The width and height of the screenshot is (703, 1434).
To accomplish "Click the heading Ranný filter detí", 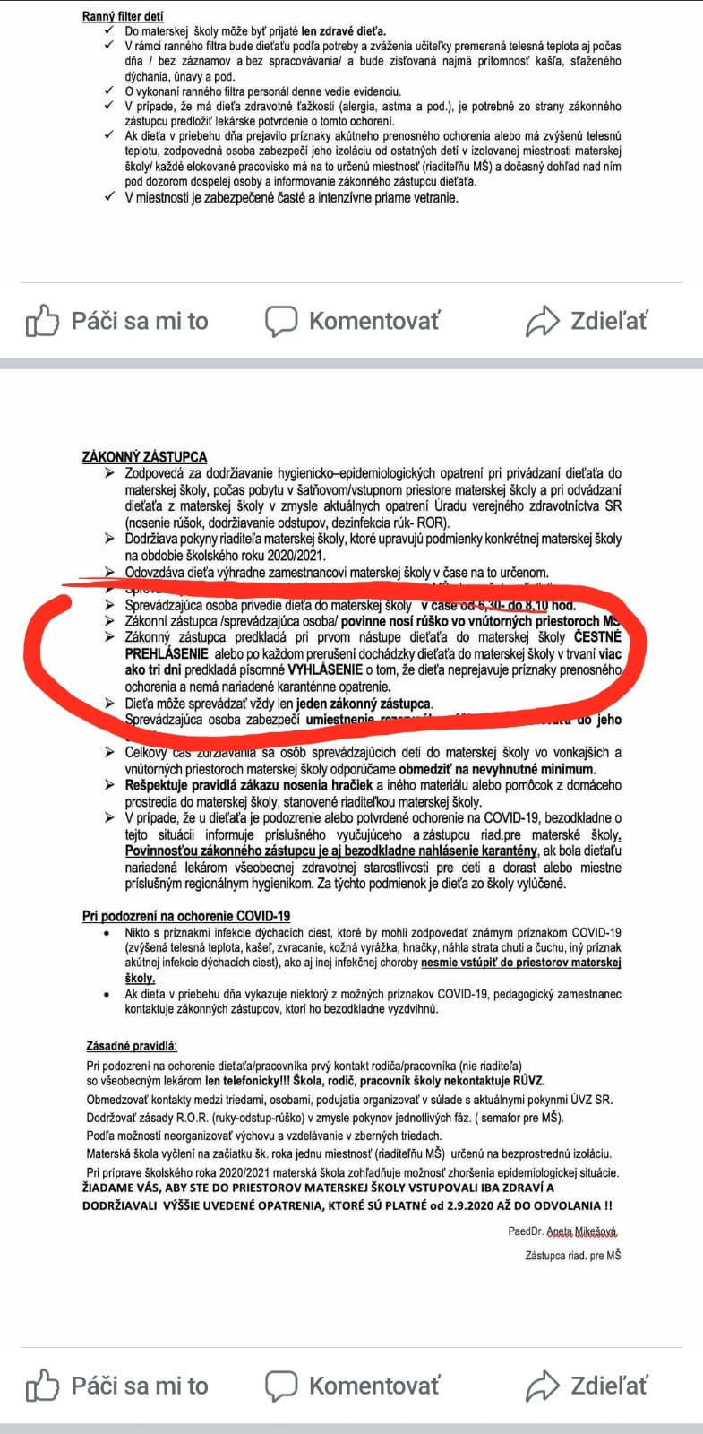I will pos(123,16).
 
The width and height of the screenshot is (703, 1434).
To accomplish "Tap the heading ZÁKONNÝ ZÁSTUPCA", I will pos(144,457).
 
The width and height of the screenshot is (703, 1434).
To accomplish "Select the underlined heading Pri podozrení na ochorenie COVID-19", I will pos(186,916).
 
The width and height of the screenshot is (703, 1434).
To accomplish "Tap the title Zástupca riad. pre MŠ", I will pos(572,1256).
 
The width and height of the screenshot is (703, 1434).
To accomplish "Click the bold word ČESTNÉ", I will pos(597,637).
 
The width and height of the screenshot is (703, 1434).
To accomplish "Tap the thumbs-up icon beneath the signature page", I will pos(42,1386).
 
